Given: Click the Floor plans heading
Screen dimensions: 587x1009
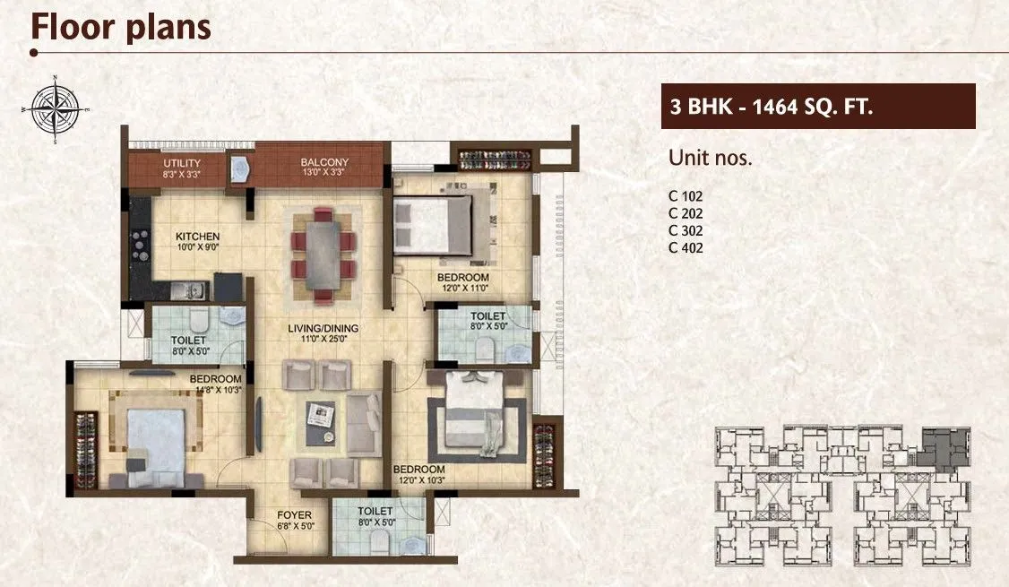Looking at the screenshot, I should coord(121,27).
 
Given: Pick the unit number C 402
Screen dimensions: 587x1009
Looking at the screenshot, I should coord(686,248).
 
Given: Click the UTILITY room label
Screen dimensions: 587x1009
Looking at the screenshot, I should coord(182,162).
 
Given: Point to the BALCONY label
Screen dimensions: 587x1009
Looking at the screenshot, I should coord(323,162).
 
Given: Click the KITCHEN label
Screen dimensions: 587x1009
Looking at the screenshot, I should coord(197,237).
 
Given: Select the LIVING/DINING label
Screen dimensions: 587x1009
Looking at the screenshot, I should coord(323,329).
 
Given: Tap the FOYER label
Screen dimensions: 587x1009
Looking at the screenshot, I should coord(293,515).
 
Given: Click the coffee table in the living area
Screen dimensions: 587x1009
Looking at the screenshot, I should coord(321,421).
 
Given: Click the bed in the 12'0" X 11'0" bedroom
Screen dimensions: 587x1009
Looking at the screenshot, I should coord(433,223).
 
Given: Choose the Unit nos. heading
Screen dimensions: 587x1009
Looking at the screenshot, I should coord(710,159).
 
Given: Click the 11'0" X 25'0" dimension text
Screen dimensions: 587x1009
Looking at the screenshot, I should coord(323,341).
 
